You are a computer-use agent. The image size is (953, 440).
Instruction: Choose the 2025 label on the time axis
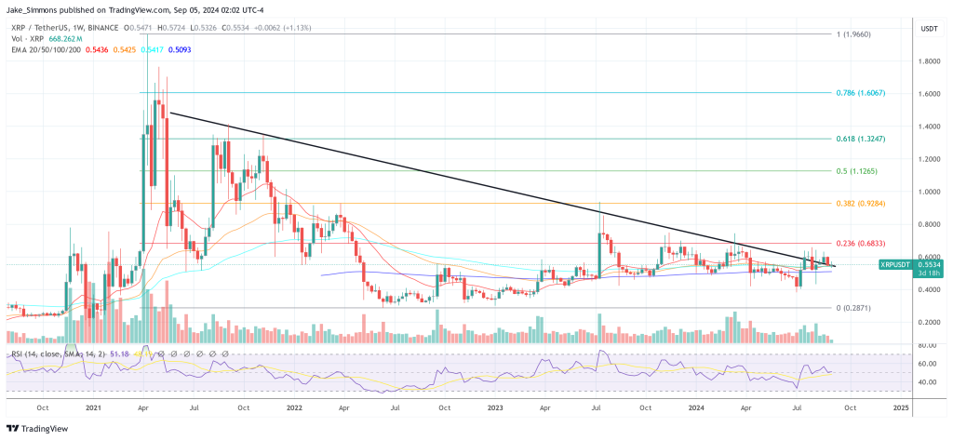[x=901, y=407]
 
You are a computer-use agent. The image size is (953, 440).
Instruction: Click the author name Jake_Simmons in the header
[x=36, y=7]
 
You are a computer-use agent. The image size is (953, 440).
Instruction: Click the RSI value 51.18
[x=118, y=354]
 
